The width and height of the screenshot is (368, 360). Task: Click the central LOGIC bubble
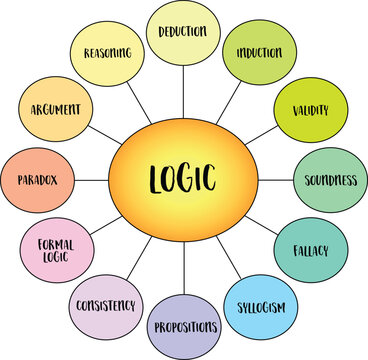[184, 181]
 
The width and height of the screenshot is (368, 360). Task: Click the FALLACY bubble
[306, 249]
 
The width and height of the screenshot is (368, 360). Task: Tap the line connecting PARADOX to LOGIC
[93, 180]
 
